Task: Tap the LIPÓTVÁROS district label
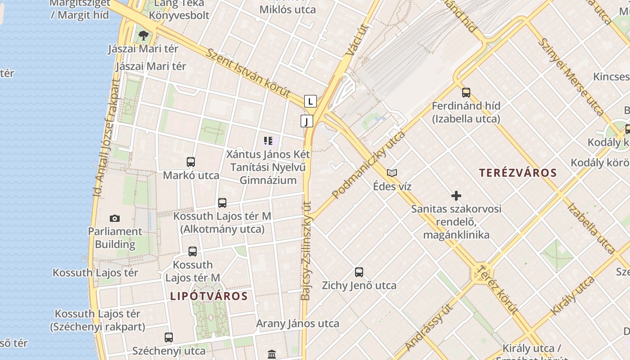coord(209,296)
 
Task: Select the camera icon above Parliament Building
coord(115,219)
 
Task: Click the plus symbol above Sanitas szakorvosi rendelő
coord(456,196)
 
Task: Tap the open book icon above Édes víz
coord(392,173)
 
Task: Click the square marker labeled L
coord(310,101)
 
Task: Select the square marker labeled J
coord(307,121)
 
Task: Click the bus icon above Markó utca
coord(191,162)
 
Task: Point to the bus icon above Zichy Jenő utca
coord(359,272)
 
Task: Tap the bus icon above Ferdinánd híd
coord(466,93)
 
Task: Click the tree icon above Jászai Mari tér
coord(144,35)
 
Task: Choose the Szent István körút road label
coord(248,72)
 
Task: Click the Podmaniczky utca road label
coord(369,165)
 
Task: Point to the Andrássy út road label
coord(428,327)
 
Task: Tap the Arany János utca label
coord(297,324)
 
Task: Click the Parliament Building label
coord(115,238)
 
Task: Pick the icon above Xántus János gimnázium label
coord(268,141)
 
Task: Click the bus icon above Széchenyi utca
coord(169,337)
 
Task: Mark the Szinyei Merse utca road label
coord(571,76)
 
